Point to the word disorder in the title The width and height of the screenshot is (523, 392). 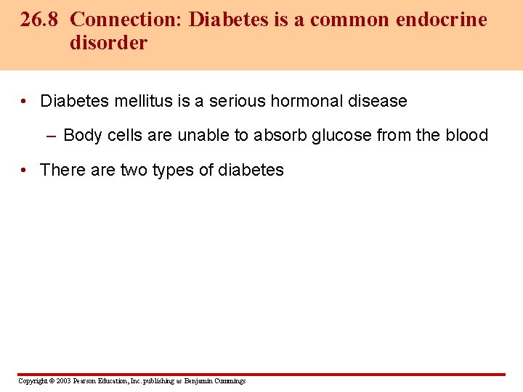tap(108, 43)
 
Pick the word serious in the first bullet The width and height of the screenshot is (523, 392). tap(238, 102)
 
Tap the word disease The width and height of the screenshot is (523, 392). tap(378, 102)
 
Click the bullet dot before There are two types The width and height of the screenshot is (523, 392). tap(25, 171)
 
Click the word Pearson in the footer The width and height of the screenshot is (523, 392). tap(86, 381)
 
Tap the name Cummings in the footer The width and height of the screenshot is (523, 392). tap(230, 381)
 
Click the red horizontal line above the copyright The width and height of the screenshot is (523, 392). tap(261, 375)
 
